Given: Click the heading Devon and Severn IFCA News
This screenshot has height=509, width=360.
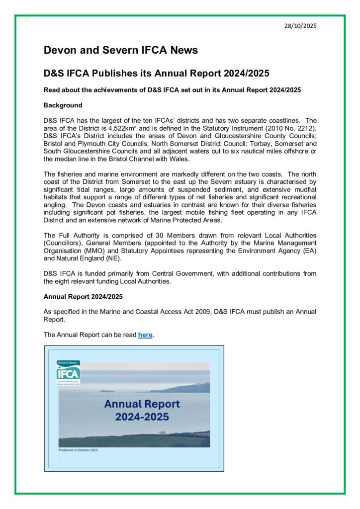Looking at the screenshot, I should pyautogui.click(x=120, y=50).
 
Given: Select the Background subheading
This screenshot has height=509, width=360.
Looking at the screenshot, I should pyautogui.click(x=63, y=105).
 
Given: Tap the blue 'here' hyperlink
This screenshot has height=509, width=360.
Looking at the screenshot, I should pyautogui.click(x=145, y=335).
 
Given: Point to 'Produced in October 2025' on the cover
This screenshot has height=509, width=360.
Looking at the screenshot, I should pyautogui.click(x=79, y=450).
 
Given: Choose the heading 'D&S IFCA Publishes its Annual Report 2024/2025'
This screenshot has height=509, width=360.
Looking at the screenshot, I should pyautogui.click(x=157, y=74).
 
